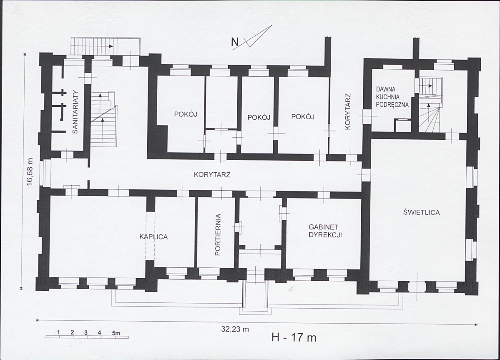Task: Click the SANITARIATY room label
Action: point(75,112)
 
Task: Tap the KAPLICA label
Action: point(154,237)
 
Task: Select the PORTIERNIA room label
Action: point(218,235)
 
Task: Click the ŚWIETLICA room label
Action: point(422,212)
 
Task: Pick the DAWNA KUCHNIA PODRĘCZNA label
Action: point(392,97)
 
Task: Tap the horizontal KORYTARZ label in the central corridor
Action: point(212,175)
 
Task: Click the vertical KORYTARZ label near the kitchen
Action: point(348,111)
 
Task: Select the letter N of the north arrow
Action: point(235,42)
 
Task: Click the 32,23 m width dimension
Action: point(235,330)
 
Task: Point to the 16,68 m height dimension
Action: point(30,171)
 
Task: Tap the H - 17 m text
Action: point(294,337)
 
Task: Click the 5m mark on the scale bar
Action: point(116,333)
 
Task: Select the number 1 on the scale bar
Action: point(59,332)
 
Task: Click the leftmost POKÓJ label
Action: point(186,114)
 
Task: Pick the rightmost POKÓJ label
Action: point(303,117)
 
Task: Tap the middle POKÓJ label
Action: point(259,117)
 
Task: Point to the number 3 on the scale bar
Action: point(86,332)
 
